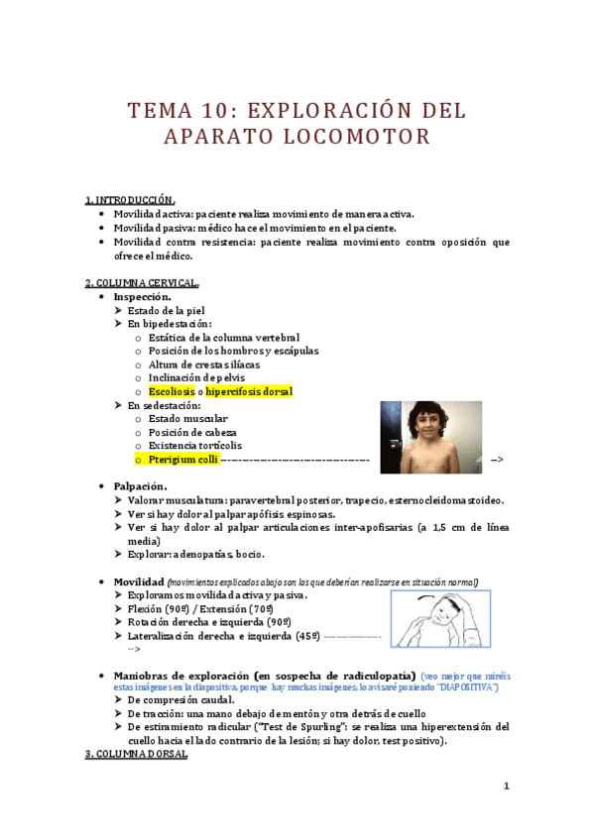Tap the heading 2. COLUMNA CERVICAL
point(141,282)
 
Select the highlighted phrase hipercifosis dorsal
point(249,392)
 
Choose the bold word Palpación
point(140,486)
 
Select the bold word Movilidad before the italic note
point(139,581)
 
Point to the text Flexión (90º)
point(160,608)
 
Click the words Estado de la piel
point(167,310)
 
